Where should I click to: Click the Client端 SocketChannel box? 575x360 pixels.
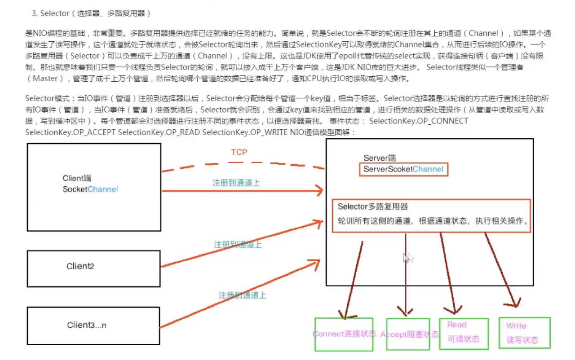click(x=94, y=187)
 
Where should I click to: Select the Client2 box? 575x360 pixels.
click(x=93, y=268)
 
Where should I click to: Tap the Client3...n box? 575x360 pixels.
click(x=93, y=325)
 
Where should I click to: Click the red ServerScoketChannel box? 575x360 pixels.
click(x=403, y=169)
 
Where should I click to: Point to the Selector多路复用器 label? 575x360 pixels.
click(x=373, y=207)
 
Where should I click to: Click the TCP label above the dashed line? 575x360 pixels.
click(x=239, y=153)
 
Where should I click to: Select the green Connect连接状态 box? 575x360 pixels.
click(x=344, y=334)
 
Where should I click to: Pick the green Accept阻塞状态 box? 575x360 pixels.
click(x=408, y=334)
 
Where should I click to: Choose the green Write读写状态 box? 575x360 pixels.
click(x=524, y=333)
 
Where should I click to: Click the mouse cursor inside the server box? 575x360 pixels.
click(x=408, y=258)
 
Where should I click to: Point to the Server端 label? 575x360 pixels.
click(x=380, y=158)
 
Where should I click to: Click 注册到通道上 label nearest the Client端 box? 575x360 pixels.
click(x=236, y=183)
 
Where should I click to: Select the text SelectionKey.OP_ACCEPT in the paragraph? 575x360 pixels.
click(x=70, y=132)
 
